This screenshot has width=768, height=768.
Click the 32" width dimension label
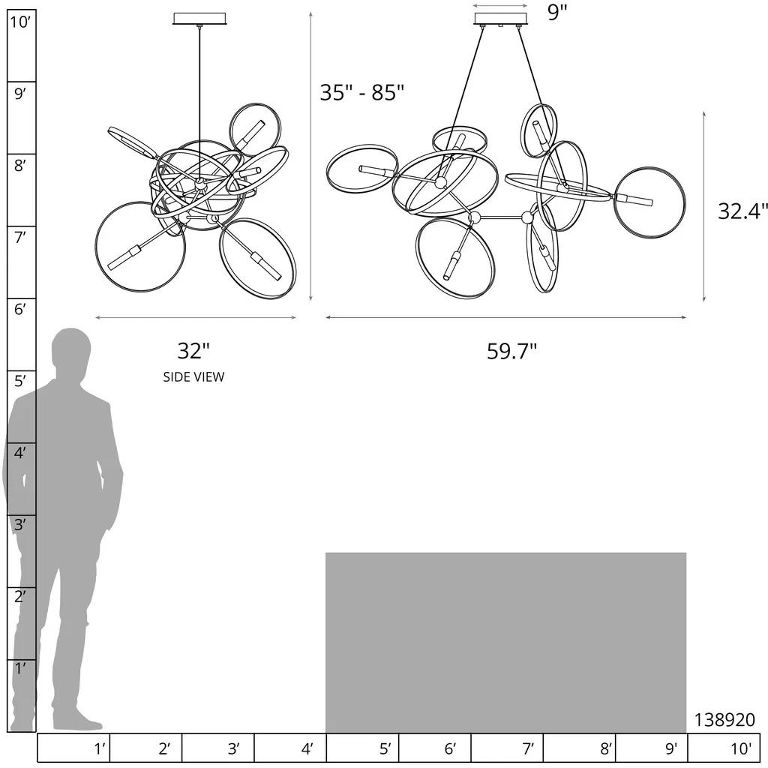pos(193,351)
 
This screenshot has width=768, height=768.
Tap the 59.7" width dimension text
pos(511,351)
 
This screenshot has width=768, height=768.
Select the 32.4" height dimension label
pos(742,211)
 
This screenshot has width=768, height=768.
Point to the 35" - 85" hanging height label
pos(362,92)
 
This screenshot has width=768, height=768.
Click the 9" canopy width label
pos(557,12)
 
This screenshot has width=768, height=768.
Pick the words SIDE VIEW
pos(193,376)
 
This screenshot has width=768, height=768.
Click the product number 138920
pos(724,719)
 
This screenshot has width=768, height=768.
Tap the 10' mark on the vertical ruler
pos(20,22)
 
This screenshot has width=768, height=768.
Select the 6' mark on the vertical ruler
pos(19,309)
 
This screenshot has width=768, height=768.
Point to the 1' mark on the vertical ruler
pos(19,668)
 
